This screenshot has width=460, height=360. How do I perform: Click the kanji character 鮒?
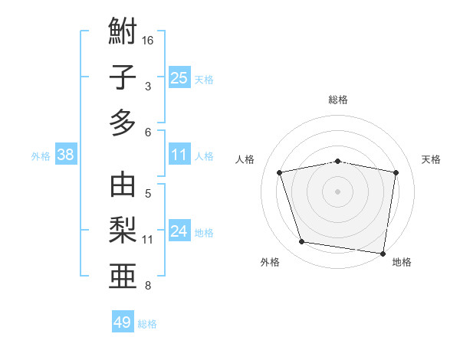[123, 31]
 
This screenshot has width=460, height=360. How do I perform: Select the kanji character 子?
[123, 77]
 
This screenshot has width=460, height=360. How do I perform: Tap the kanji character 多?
[123, 123]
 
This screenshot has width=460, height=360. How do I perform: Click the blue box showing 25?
[179, 77]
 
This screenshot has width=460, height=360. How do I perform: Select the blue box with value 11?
[179, 155]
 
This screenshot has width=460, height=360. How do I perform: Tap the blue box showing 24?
[179, 231]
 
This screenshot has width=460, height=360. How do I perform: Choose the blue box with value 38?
[65, 155]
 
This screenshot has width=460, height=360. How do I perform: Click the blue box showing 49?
[122, 322]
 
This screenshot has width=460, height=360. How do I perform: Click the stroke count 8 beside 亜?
[149, 286]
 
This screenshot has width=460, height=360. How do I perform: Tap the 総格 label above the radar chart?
[338, 100]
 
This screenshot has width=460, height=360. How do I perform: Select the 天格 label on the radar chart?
[432, 159]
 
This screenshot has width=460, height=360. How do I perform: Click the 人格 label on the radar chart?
[245, 159]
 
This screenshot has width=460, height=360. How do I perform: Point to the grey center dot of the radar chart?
[338, 191]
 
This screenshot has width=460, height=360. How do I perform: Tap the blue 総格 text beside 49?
[147, 324]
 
